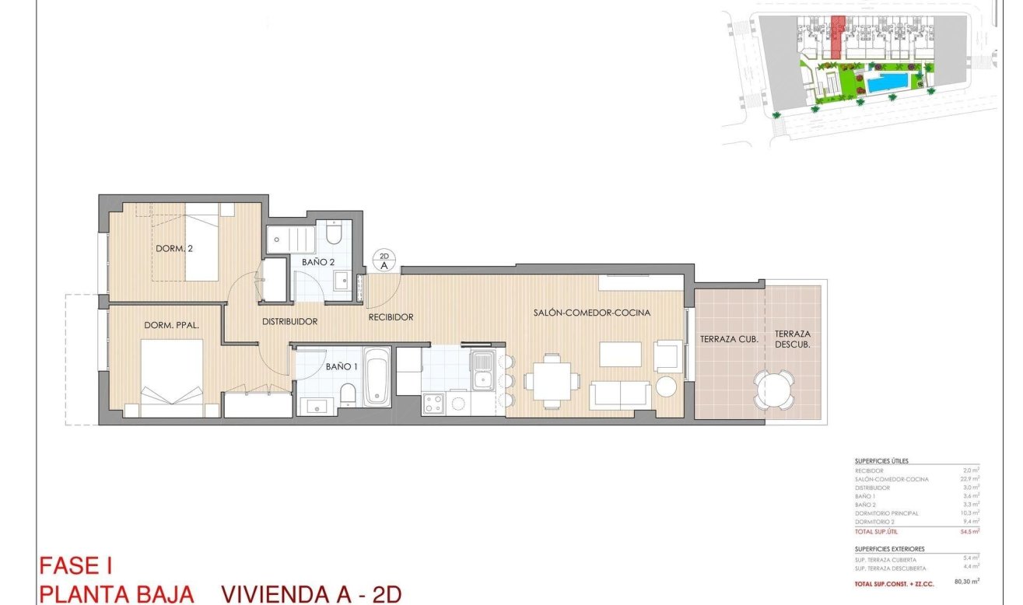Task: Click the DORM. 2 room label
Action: [x=174, y=249]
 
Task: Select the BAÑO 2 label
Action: [x=318, y=263]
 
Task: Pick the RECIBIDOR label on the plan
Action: [x=391, y=317]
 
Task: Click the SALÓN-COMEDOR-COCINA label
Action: [x=592, y=313]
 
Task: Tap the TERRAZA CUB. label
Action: [x=729, y=339]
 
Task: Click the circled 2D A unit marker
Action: [x=384, y=260]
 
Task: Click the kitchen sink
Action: [x=482, y=370]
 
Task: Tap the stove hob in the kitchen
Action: [x=433, y=404]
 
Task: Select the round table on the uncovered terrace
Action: [x=774, y=389]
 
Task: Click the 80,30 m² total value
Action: [x=966, y=581]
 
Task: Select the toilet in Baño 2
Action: [x=335, y=233]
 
